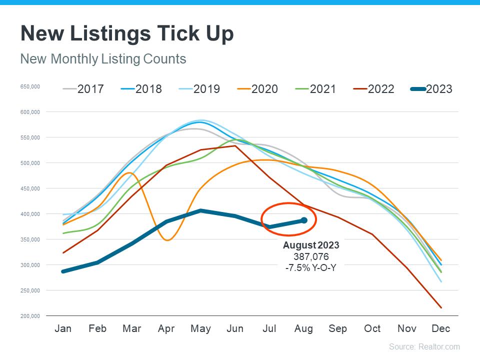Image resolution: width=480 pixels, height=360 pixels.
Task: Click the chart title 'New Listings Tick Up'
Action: (x=127, y=34)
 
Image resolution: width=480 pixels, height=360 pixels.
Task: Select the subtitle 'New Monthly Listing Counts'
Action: (x=103, y=59)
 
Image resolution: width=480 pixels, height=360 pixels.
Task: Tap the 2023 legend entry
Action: (x=431, y=89)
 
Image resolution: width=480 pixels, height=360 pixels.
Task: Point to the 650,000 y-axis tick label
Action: (x=30, y=86)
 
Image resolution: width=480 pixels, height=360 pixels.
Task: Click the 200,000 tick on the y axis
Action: (x=30, y=316)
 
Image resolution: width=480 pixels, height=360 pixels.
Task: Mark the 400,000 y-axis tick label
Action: (x=30, y=214)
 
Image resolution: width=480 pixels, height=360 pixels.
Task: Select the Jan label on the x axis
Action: (x=63, y=328)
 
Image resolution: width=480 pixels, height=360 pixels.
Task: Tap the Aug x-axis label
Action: (x=303, y=328)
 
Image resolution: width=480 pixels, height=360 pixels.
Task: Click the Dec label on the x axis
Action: (x=440, y=328)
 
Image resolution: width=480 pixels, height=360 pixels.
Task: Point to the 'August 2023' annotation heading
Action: (x=311, y=245)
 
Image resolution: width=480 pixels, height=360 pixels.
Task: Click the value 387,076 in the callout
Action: (x=311, y=256)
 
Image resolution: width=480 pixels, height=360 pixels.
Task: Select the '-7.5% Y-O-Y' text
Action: (x=311, y=267)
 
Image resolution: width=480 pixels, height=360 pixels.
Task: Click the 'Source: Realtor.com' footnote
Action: (x=424, y=346)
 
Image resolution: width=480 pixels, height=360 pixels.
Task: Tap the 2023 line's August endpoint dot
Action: (x=303, y=220)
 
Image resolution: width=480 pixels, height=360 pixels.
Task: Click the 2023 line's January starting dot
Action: (x=63, y=271)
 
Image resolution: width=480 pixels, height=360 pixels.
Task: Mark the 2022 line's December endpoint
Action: (x=440, y=307)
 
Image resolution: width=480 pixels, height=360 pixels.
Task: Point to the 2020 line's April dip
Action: (x=167, y=240)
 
